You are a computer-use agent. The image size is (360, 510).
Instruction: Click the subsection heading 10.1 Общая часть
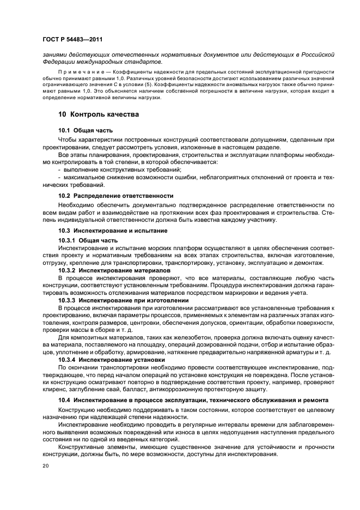tap(86, 130)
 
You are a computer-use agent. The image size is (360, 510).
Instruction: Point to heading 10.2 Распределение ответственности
tap(115, 195)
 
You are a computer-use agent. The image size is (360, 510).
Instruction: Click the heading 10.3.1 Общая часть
tap(88, 240)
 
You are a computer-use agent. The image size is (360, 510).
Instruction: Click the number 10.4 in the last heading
tap(65, 400)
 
